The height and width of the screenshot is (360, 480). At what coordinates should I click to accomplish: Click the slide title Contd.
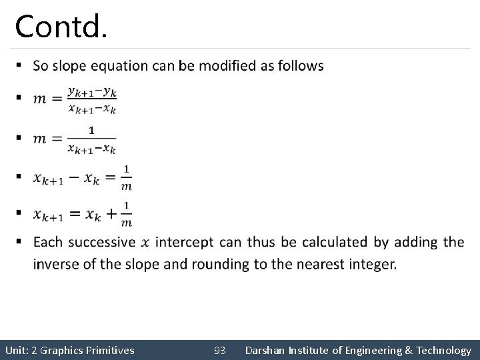click(x=60, y=26)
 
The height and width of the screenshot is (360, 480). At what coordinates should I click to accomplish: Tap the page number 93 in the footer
click(x=220, y=350)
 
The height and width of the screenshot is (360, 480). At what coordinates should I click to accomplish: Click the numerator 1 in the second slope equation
click(x=91, y=129)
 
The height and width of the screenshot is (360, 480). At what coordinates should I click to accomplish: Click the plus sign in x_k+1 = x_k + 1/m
click(x=109, y=213)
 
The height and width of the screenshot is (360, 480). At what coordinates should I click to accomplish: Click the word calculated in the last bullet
click(x=332, y=242)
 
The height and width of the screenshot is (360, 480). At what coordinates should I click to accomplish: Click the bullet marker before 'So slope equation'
click(x=20, y=65)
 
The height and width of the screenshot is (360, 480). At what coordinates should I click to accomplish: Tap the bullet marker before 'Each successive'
click(x=20, y=241)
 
